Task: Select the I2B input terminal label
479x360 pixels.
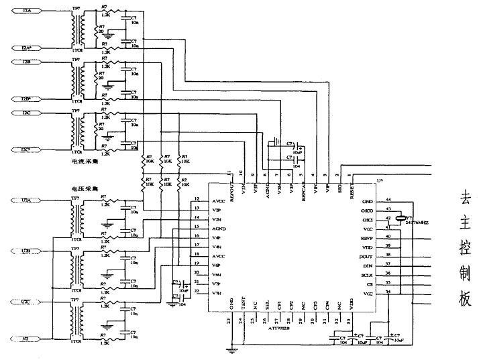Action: click(x=26, y=61)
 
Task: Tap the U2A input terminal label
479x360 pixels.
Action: click(x=26, y=200)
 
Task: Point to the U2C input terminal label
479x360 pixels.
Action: click(x=26, y=300)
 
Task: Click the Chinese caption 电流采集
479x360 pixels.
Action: click(x=85, y=161)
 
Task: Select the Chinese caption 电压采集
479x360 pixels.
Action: click(x=85, y=190)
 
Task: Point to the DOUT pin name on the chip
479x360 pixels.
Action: click(x=366, y=256)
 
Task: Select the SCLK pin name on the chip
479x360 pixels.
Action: click(x=366, y=275)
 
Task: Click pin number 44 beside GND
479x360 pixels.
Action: click(x=388, y=199)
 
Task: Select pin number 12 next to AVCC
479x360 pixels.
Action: click(x=197, y=199)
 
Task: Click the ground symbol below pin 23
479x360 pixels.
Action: click(x=232, y=349)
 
